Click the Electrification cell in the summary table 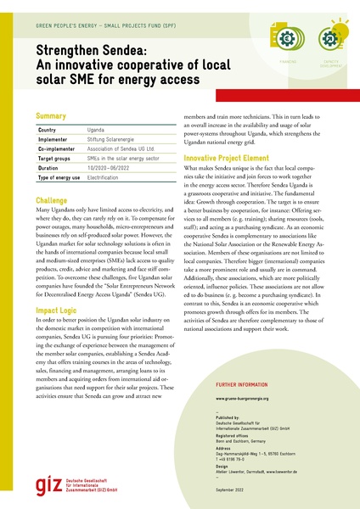(x=105, y=177)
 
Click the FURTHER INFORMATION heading (x=246, y=409)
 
